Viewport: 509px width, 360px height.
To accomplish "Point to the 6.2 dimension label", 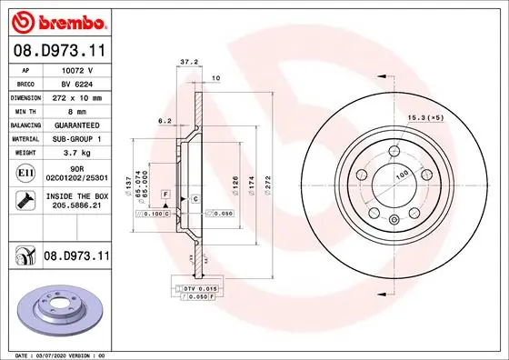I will (x=165, y=119).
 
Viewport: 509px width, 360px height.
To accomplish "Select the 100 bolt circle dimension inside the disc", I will (x=400, y=173).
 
